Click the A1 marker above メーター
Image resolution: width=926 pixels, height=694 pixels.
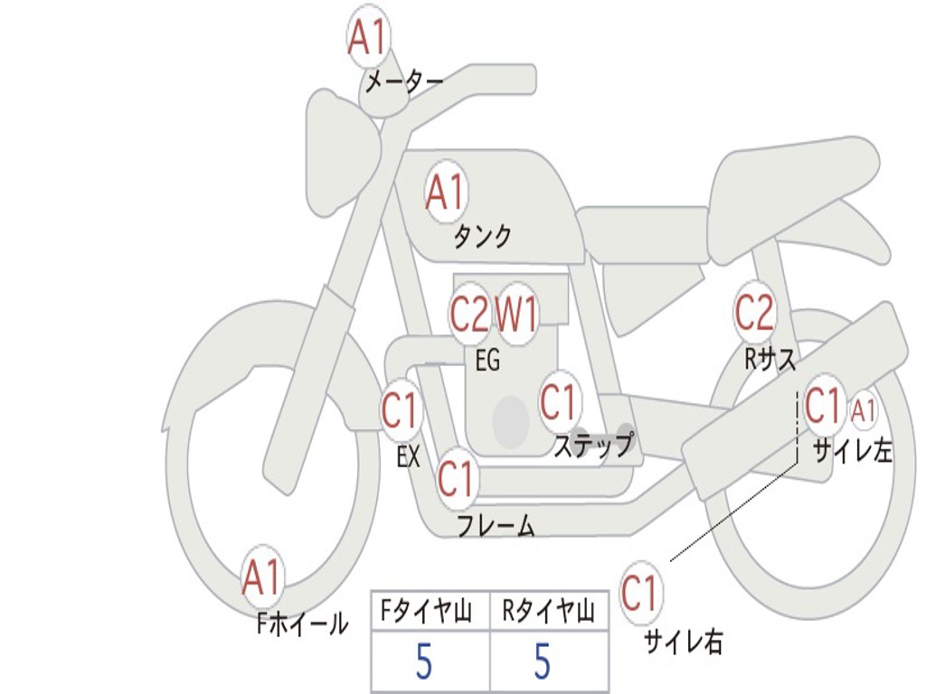click(x=367, y=36)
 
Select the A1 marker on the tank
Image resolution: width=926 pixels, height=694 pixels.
click(x=446, y=192)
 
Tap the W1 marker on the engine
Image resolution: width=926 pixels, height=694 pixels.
click(x=516, y=314)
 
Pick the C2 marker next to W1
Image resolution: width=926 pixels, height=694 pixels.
click(x=469, y=314)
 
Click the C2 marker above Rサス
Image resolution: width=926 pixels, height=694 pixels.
click(x=754, y=312)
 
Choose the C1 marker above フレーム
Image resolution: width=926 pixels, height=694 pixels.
click(x=457, y=478)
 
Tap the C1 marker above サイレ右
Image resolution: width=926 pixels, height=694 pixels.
click(x=640, y=593)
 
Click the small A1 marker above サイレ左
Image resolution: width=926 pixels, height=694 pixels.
click(x=863, y=411)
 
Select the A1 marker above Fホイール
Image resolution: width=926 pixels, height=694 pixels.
click(x=261, y=577)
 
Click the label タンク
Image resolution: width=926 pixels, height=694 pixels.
click(x=483, y=237)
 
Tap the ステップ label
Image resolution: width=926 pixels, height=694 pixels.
click(x=593, y=444)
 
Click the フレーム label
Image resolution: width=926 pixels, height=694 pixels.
click(x=496, y=525)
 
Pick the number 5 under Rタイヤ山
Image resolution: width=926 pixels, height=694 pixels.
click(x=543, y=661)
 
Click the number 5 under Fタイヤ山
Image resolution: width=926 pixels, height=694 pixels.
click(x=423, y=661)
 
